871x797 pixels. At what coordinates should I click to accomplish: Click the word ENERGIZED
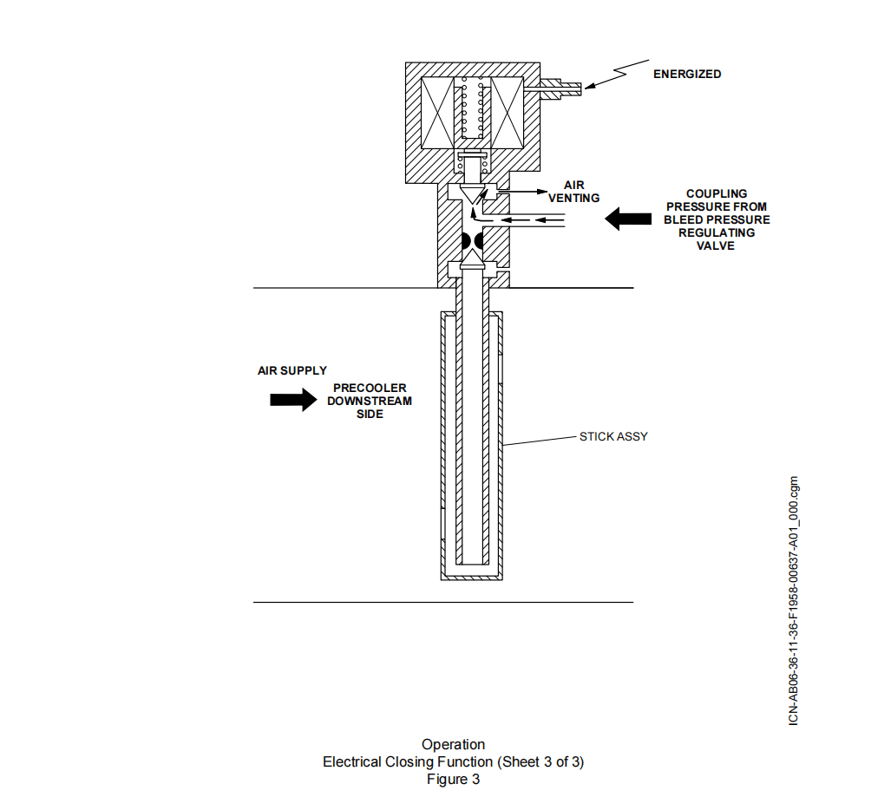click(x=687, y=74)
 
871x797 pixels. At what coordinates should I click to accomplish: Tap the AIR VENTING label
click(x=573, y=192)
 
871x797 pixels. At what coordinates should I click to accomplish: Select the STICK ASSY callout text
click(x=613, y=436)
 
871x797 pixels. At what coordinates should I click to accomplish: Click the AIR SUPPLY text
click(x=292, y=370)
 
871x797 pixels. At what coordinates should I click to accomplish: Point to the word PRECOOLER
click(x=370, y=388)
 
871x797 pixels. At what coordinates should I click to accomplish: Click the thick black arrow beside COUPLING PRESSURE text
click(x=628, y=219)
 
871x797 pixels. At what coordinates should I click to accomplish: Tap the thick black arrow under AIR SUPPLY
click(x=293, y=400)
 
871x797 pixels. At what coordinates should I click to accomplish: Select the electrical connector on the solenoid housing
click(x=553, y=88)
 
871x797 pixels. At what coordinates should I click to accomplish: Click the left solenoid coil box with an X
click(x=438, y=113)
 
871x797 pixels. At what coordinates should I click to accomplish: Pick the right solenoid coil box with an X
click(x=507, y=113)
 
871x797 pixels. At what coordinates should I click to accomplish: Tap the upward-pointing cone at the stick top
click(x=472, y=259)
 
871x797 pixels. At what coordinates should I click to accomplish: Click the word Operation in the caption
click(x=453, y=744)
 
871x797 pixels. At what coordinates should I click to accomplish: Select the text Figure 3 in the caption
click(x=453, y=780)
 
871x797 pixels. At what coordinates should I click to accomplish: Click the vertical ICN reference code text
click(x=794, y=600)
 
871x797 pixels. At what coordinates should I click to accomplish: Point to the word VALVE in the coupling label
click(x=716, y=245)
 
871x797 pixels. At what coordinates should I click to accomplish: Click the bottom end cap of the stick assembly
click(x=472, y=577)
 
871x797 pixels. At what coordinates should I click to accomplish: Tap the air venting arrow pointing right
click(x=522, y=192)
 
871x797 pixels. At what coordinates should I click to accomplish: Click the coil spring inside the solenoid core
click(x=472, y=108)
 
